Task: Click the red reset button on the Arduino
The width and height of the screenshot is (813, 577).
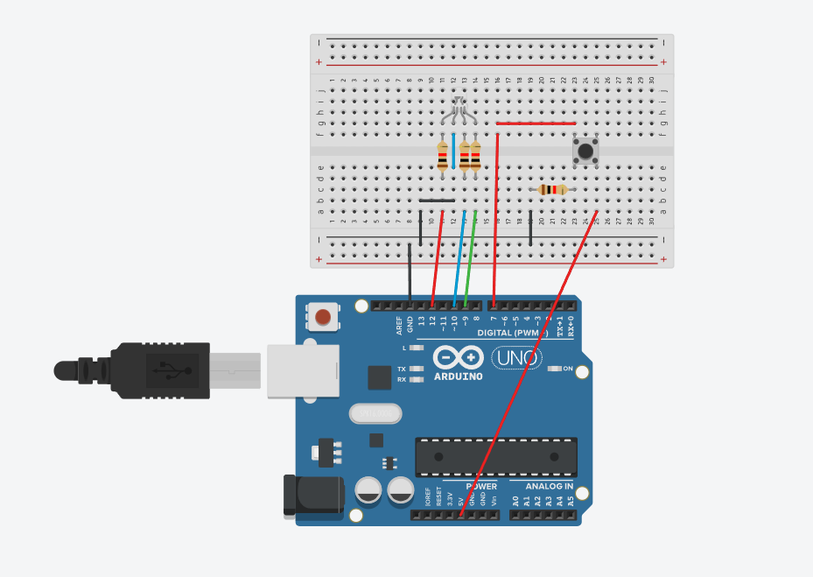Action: [324, 316]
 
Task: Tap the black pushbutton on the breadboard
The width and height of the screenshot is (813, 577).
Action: [585, 150]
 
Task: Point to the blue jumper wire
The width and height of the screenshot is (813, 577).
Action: [459, 259]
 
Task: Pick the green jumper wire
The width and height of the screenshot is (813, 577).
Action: [471, 258]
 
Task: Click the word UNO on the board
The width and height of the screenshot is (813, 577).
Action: [515, 357]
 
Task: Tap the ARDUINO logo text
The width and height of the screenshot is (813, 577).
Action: [458, 376]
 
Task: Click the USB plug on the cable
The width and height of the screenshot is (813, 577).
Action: [158, 370]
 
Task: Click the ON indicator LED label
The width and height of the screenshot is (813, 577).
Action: [568, 369]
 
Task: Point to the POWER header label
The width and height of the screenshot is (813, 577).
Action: [480, 486]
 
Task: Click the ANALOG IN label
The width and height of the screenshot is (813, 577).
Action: [549, 486]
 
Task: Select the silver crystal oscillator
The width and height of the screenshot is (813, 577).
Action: [374, 412]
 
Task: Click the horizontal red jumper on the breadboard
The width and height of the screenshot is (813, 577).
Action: [536, 123]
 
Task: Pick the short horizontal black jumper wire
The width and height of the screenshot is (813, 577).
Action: [437, 201]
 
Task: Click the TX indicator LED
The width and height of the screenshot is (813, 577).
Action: [417, 369]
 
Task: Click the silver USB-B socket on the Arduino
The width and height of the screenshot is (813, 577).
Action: [302, 370]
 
